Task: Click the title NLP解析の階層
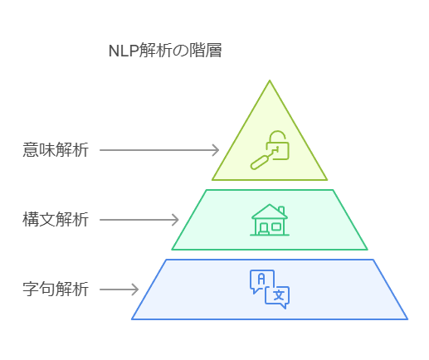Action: point(165,51)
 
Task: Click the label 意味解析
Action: point(56,150)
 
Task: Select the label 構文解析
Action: point(56,220)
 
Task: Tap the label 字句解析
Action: point(56,289)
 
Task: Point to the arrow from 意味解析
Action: point(159,150)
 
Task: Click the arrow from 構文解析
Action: point(139,220)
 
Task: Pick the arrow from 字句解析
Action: point(119,289)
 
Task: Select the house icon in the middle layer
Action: point(270,220)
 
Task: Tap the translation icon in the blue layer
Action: point(270,289)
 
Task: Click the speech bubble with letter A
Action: point(261,281)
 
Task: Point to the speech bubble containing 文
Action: point(277,298)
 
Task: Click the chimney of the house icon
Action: point(281,210)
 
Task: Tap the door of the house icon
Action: point(264,229)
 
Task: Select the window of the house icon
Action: point(276,226)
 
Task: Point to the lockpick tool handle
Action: point(259,163)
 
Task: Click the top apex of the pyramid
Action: point(270,80)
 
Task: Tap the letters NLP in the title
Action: point(124,51)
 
